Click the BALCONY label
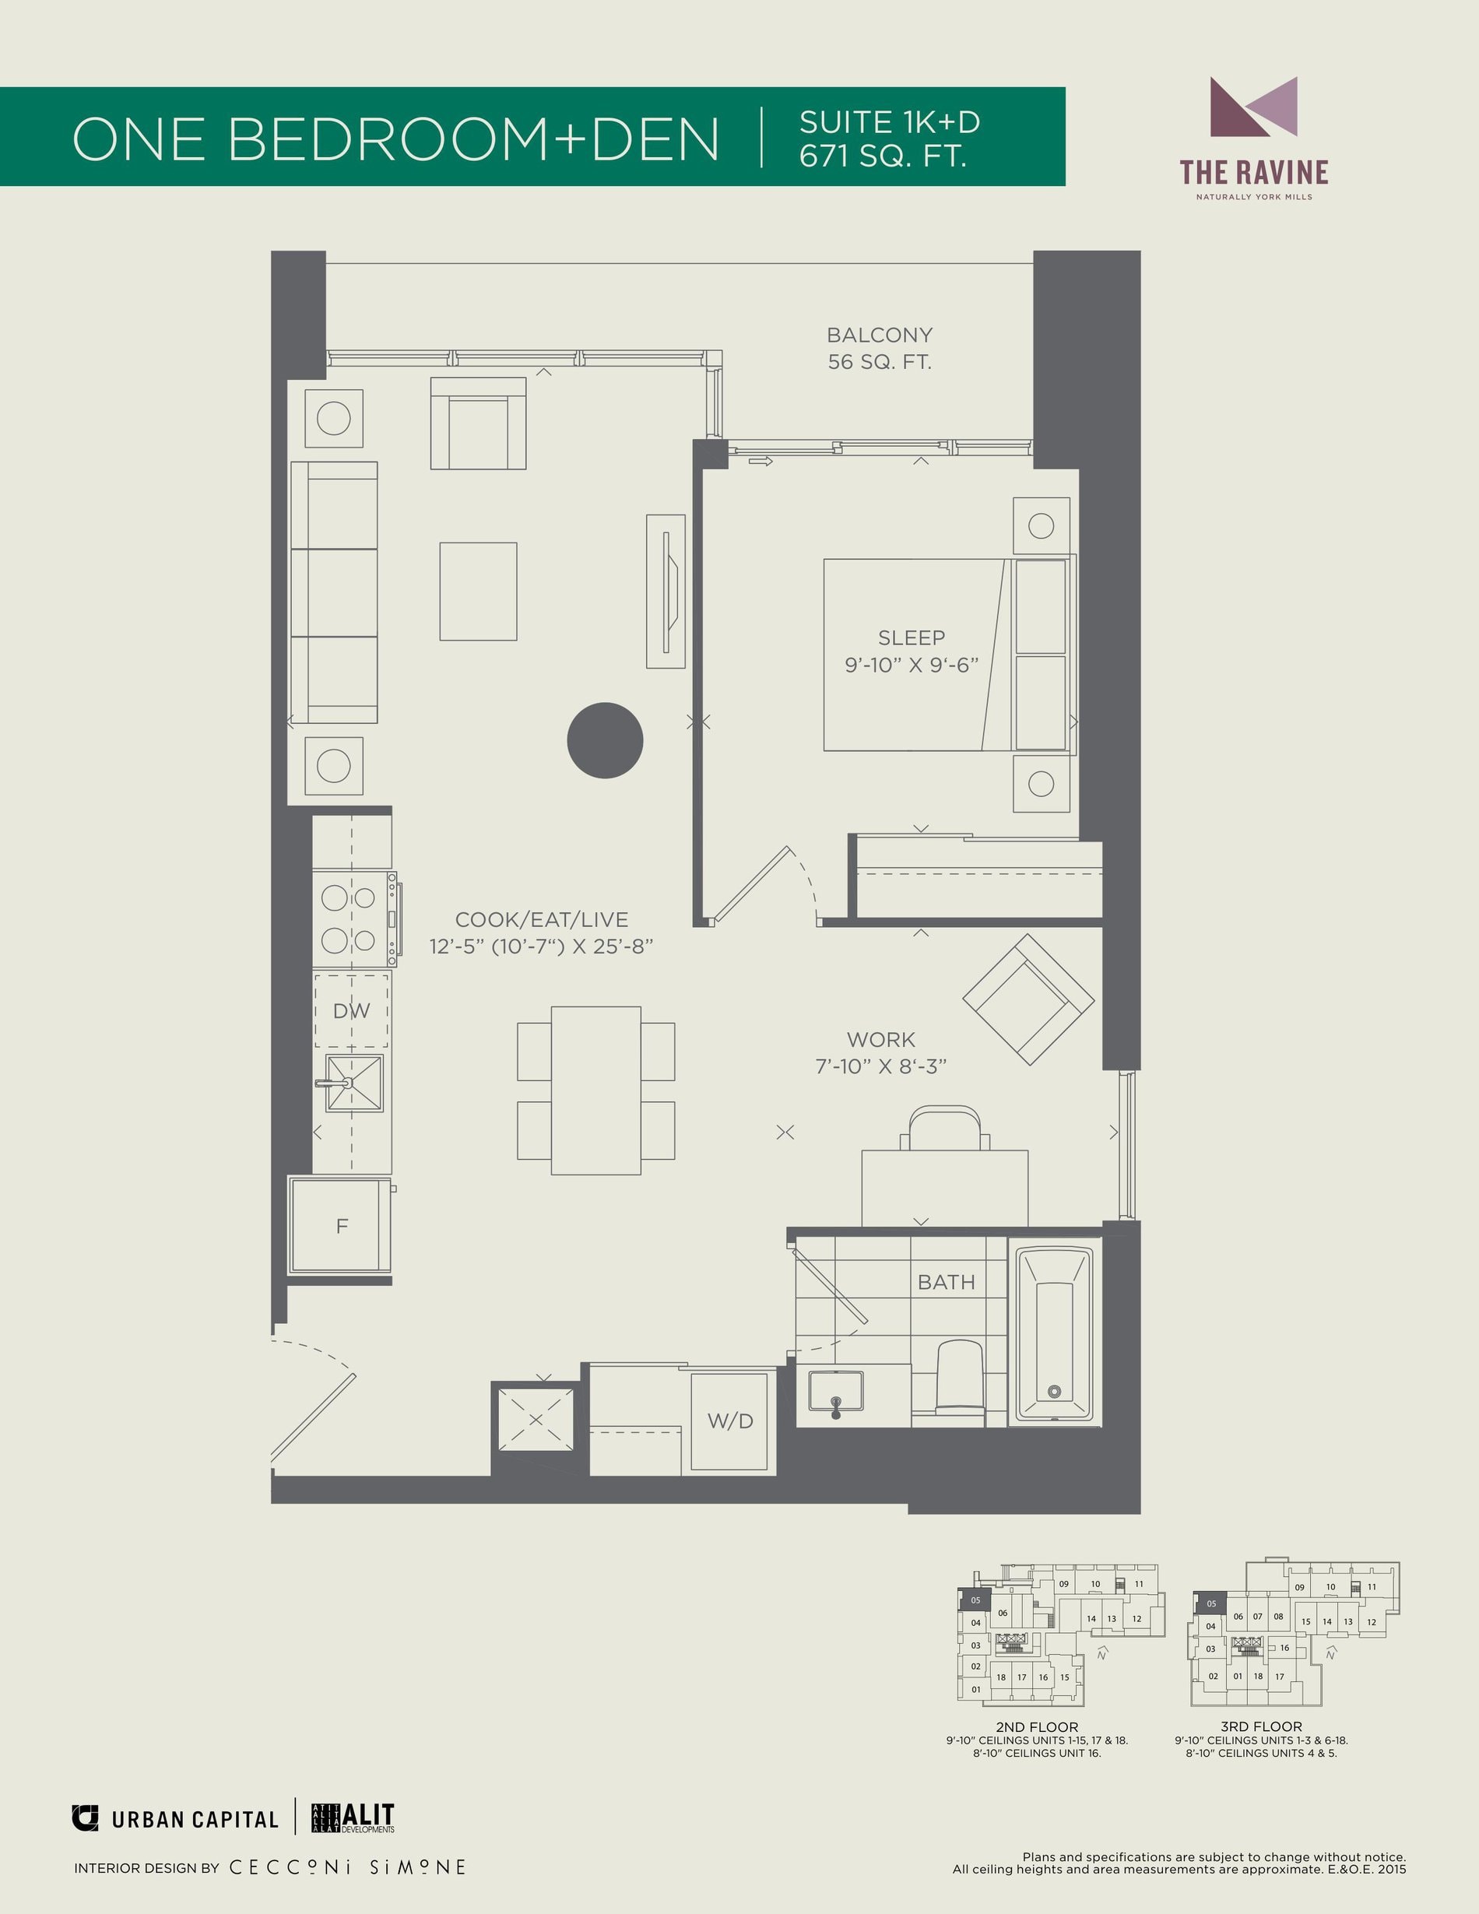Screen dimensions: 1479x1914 [x=880, y=335]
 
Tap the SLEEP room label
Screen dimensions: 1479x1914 [x=912, y=637]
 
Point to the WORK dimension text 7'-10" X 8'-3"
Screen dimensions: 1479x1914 [x=880, y=1066]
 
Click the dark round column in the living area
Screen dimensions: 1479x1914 [x=605, y=740]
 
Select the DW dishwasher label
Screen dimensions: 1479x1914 [x=351, y=1010]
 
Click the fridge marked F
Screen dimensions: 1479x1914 [x=341, y=1225]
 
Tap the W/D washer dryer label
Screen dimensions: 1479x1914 [x=730, y=1421]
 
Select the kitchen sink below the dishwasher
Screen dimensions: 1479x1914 [x=354, y=1083]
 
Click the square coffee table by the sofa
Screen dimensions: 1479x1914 [x=479, y=592]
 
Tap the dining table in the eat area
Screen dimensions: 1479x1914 [x=595, y=1090]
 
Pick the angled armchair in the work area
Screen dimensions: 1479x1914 [x=1028, y=999]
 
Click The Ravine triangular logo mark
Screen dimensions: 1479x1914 [x=1253, y=107]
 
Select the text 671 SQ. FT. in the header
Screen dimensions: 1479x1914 [x=884, y=155]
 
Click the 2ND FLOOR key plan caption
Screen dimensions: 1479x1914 [x=1037, y=1726]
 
